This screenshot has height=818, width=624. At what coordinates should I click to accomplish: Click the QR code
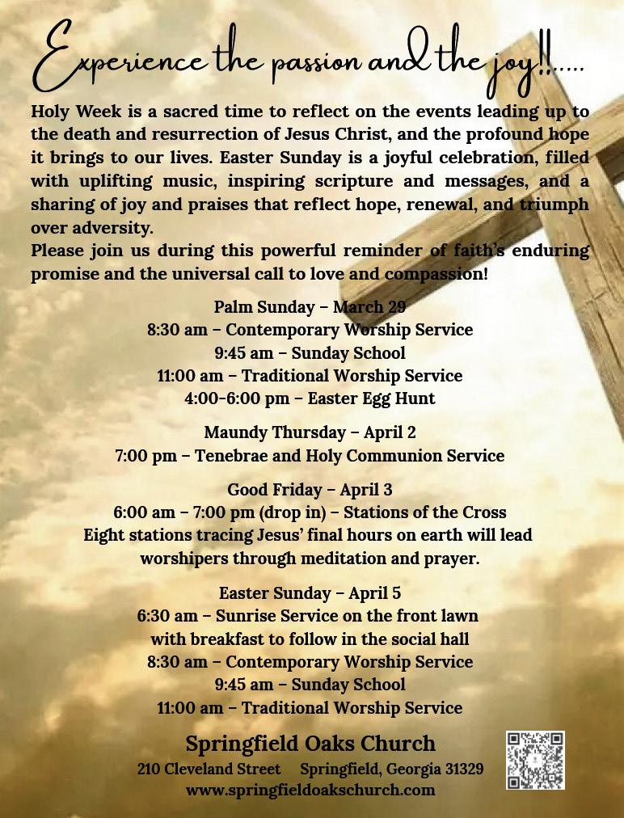[535, 761]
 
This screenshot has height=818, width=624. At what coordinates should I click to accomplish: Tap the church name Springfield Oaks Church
[310, 744]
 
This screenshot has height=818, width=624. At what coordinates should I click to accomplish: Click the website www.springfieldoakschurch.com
[310, 790]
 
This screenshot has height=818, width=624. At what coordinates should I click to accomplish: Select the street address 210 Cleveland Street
[209, 769]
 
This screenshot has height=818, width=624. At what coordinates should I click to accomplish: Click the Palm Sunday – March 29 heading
[310, 307]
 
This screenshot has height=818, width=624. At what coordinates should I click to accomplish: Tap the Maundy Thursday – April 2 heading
[310, 432]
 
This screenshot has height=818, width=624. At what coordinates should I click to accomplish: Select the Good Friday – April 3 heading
[310, 490]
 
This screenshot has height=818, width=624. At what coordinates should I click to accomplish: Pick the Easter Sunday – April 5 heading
[310, 593]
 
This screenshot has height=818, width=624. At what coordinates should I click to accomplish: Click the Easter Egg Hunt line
[310, 398]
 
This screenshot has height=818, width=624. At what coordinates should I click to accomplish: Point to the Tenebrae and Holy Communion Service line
[310, 456]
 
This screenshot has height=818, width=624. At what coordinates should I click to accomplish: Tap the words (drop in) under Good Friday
[289, 512]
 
